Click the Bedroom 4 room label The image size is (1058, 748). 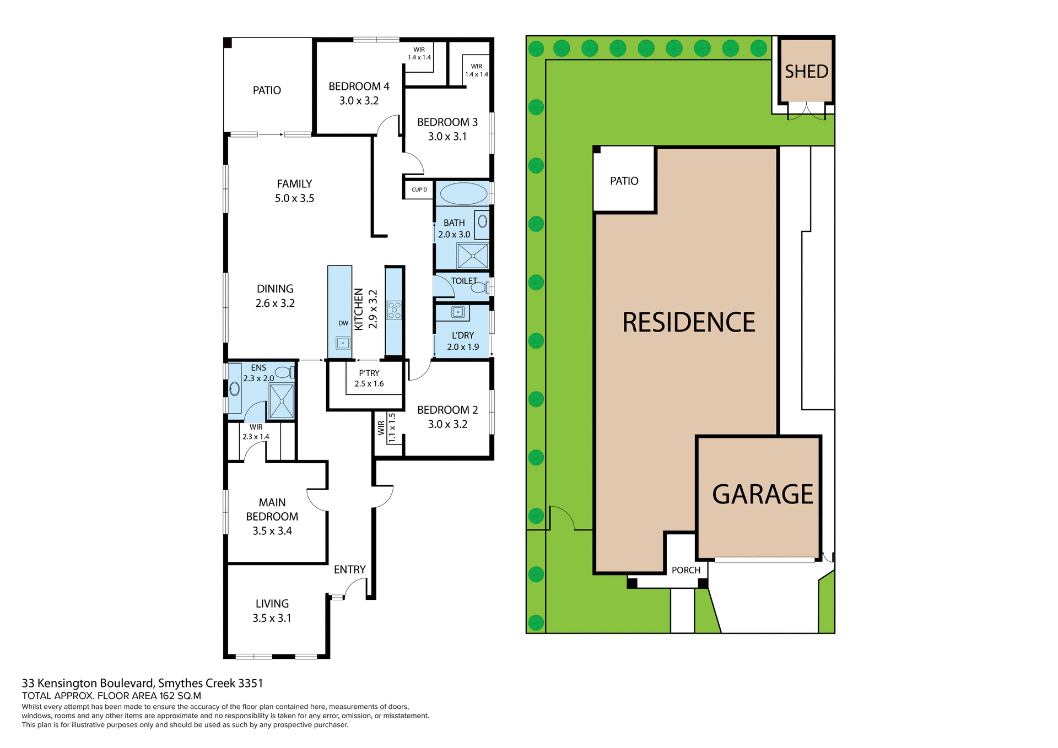point(359,86)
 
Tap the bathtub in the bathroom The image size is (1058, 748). point(463,194)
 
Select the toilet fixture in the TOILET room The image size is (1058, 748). point(479,287)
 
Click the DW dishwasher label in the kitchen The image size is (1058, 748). point(343,323)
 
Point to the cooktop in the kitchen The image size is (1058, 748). point(394,310)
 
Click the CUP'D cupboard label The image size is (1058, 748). point(419,189)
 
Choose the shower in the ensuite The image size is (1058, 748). point(282,400)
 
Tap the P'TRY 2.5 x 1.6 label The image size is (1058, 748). point(369,378)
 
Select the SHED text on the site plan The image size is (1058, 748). point(806,72)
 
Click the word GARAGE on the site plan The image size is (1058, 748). point(762,494)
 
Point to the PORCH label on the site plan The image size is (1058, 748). point(685,570)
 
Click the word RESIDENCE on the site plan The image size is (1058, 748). point(688,322)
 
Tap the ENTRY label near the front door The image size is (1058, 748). point(349,570)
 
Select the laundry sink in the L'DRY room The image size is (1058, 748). point(458,312)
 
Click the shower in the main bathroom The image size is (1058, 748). point(472,256)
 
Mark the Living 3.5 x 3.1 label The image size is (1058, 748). point(272,611)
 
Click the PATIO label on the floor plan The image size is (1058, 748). point(267,90)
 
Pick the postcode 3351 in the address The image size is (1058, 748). point(250,683)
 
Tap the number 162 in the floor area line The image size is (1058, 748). point(167,696)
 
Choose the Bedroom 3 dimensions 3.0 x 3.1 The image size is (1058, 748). point(447,137)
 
